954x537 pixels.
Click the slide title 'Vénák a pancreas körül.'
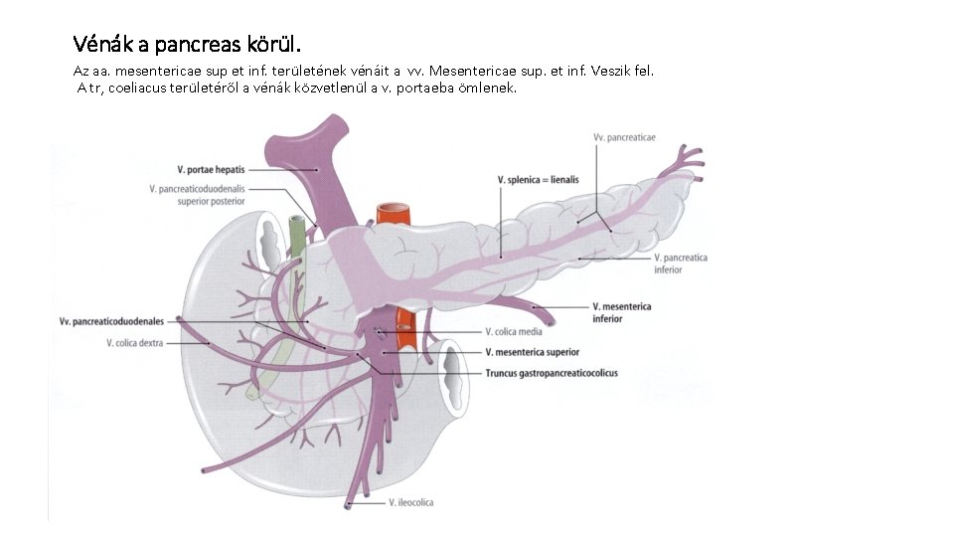pyautogui.click(x=186, y=45)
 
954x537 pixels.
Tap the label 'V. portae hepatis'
pyautogui.click(x=211, y=170)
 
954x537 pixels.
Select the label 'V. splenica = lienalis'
pyautogui.click(x=538, y=180)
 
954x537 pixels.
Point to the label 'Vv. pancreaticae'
pyautogui.click(x=623, y=137)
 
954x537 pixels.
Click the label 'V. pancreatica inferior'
pyautogui.click(x=681, y=264)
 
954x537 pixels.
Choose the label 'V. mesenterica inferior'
pyautogui.click(x=621, y=312)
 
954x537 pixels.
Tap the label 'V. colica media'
pyautogui.click(x=513, y=332)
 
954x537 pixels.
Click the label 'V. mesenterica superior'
pyautogui.click(x=532, y=352)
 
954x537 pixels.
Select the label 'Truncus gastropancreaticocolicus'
pyautogui.click(x=552, y=373)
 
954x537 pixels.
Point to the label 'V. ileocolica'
pyautogui.click(x=411, y=503)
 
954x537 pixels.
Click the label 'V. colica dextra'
pyautogui.click(x=134, y=343)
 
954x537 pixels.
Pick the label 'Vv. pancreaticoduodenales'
pyautogui.click(x=111, y=321)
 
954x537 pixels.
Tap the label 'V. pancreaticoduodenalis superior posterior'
pyautogui.click(x=197, y=194)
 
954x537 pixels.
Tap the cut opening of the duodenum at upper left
pyautogui.click(x=270, y=239)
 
